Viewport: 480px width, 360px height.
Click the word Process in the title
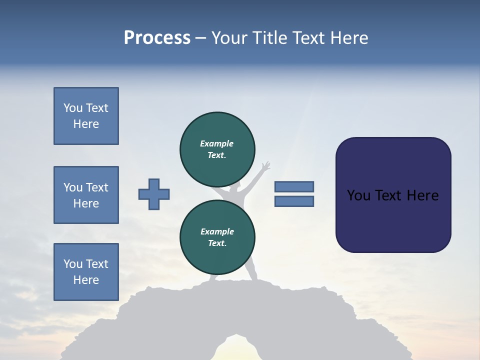[x=157, y=38]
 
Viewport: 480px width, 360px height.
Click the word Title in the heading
[x=268, y=38]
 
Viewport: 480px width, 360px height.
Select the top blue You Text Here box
[x=86, y=116]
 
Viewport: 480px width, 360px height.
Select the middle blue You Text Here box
[x=86, y=195]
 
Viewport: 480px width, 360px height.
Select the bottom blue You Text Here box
[x=86, y=272]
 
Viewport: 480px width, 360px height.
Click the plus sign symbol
[x=154, y=194]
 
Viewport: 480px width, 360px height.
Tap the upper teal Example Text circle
[x=217, y=149]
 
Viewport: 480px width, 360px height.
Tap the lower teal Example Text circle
[x=217, y=237]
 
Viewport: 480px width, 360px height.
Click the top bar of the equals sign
[x=294, y=186]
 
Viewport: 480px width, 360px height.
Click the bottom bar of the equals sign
[x=294, y=201]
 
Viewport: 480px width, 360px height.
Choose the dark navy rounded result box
[x=393, y=195]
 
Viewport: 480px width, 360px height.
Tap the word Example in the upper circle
[x=217, y=143]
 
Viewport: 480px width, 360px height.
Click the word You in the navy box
[x=358, y=195]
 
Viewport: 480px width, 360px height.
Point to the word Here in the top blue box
[x=86, y=124]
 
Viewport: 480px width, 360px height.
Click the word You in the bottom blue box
[x=72, y=264]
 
